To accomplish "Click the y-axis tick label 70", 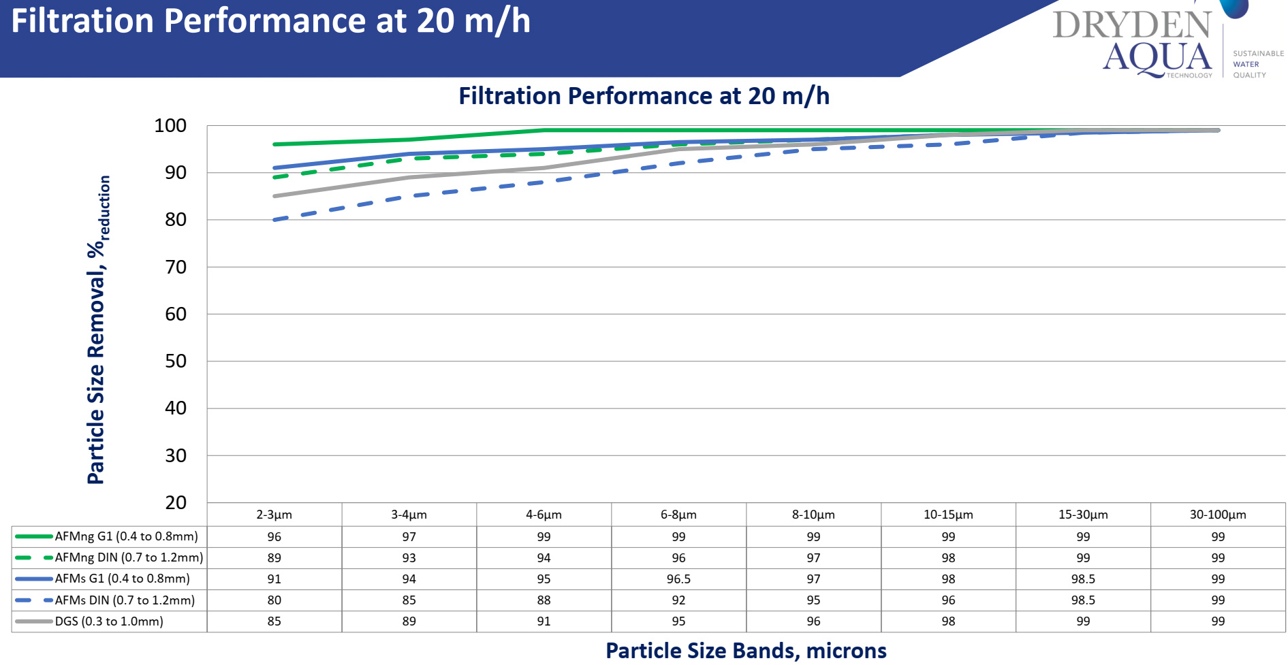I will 175,267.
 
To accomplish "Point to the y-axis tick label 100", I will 170,125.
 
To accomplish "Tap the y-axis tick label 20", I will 175,502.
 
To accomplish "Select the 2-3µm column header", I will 274,515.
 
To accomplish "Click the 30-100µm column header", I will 1218,515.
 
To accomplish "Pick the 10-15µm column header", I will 948,515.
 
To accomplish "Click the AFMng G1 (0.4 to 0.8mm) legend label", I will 127,536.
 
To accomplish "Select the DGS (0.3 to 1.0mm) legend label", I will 109,621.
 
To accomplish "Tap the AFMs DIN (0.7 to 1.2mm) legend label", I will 125,600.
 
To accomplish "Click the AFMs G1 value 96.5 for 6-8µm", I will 678,579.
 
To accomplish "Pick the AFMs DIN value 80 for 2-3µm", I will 274,600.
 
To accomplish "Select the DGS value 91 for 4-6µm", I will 544,621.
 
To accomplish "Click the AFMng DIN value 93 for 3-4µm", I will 409,558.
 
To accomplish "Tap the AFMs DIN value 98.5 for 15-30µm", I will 1083,600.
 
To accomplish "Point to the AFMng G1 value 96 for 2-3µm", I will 274,537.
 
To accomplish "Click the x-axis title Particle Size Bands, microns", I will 746,651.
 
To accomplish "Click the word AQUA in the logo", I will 1157,57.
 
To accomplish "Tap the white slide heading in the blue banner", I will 270,20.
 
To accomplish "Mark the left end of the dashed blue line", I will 274,220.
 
